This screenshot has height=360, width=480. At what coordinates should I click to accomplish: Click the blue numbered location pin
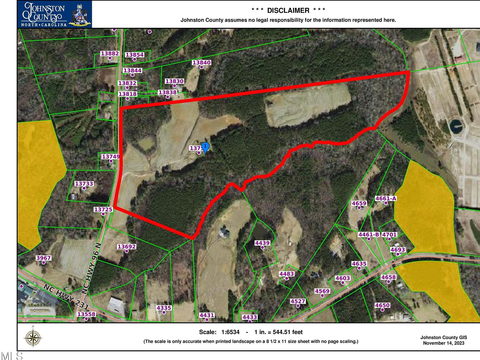205,147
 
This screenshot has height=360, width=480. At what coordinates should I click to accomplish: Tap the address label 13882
110,53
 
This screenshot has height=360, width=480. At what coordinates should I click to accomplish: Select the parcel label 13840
201,62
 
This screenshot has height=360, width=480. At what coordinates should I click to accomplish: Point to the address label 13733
84,184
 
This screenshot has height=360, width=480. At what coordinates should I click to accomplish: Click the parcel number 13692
127,247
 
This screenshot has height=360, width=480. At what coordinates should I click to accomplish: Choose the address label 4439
262,243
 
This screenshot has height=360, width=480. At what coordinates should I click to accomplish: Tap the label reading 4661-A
386,198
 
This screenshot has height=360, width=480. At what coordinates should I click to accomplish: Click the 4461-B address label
369,235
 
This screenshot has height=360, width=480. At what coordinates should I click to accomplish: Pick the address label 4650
382,305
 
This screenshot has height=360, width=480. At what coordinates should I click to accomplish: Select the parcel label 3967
43,258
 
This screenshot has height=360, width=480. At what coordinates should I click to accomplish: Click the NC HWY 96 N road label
92,268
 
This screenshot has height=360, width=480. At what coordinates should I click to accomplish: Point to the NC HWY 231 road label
66,297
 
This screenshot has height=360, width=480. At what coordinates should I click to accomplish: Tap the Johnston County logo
55,14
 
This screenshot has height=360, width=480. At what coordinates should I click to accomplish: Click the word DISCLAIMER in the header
288,10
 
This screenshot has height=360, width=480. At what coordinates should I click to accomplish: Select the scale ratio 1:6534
230,332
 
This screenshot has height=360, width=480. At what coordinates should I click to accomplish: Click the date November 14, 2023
443,343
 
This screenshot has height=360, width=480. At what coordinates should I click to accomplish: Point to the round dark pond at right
457,126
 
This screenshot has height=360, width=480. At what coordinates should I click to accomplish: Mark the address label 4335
164,308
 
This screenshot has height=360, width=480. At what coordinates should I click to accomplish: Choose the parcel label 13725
103,209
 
